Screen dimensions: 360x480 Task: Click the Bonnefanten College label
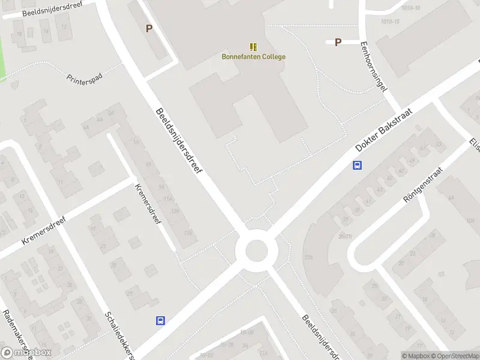click(253, 57)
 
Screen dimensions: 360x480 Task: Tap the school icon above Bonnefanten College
click(253, 46)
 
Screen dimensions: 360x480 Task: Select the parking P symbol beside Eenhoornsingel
click(338, 42)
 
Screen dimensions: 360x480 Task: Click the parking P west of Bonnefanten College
click(149, 28)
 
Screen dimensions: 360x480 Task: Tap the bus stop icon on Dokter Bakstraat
click(357, 166)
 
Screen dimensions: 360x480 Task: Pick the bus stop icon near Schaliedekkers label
click(160, 320)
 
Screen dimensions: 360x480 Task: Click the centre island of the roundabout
click(256, 249)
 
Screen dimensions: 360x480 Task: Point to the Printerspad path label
click(85, 80)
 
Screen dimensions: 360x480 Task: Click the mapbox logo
click(26, 352)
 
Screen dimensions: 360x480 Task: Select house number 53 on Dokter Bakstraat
click(439, 144)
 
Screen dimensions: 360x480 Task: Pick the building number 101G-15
click(390, 22)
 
